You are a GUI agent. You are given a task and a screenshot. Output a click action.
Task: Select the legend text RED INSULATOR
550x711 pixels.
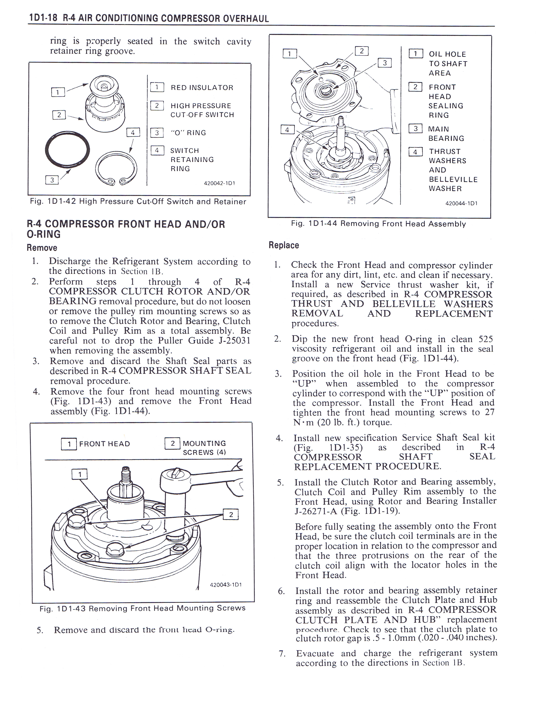202,87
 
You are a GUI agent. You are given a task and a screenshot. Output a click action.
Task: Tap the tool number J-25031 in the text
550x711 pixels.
232,341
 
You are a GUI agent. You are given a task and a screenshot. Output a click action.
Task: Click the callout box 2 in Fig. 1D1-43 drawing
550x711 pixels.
231,514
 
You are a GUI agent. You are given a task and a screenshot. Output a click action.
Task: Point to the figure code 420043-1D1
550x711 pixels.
226,584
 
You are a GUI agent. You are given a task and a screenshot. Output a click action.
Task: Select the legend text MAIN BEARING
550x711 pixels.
446,134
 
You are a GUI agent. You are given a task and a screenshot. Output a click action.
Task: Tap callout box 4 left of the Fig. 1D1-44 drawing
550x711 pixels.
287,129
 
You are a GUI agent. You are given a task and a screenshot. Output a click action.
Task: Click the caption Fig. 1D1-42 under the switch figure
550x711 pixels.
138,201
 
